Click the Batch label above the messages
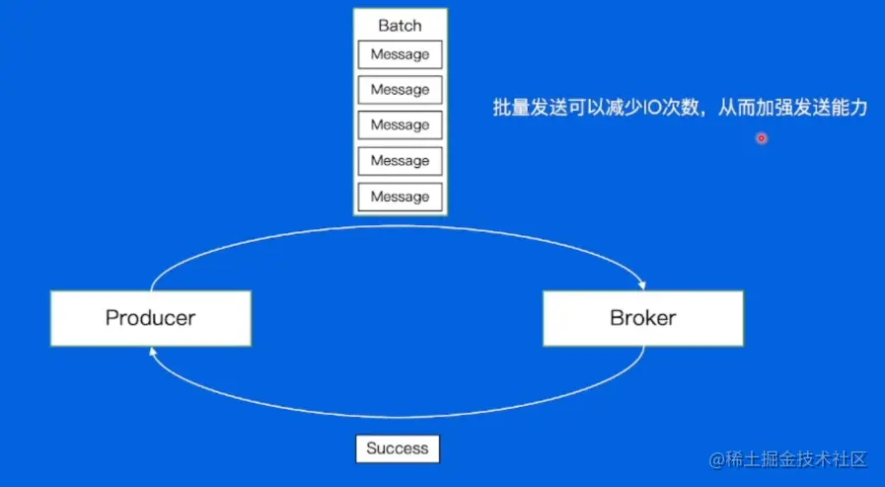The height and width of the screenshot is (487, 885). tap(400, 25)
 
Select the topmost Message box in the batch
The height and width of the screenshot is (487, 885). tap(400, 54)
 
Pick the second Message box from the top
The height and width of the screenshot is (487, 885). tap(400, 90)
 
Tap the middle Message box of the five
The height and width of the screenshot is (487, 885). tap(400, 125)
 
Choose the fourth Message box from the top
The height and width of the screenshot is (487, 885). tap(400, 161)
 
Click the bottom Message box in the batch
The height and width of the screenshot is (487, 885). tap(400, 197)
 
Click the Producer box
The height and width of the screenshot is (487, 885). tap(150, 318)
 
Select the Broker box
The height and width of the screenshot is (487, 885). tap(643, 318)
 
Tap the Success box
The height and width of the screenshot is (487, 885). tap(398, 448)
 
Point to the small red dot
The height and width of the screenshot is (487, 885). tap(762, 138)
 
